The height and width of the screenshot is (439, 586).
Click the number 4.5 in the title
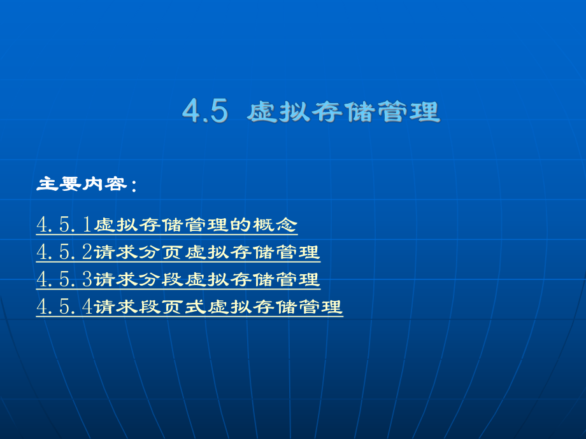tap(204, 111)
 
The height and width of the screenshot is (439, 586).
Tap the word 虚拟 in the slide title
tap(271, 111)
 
